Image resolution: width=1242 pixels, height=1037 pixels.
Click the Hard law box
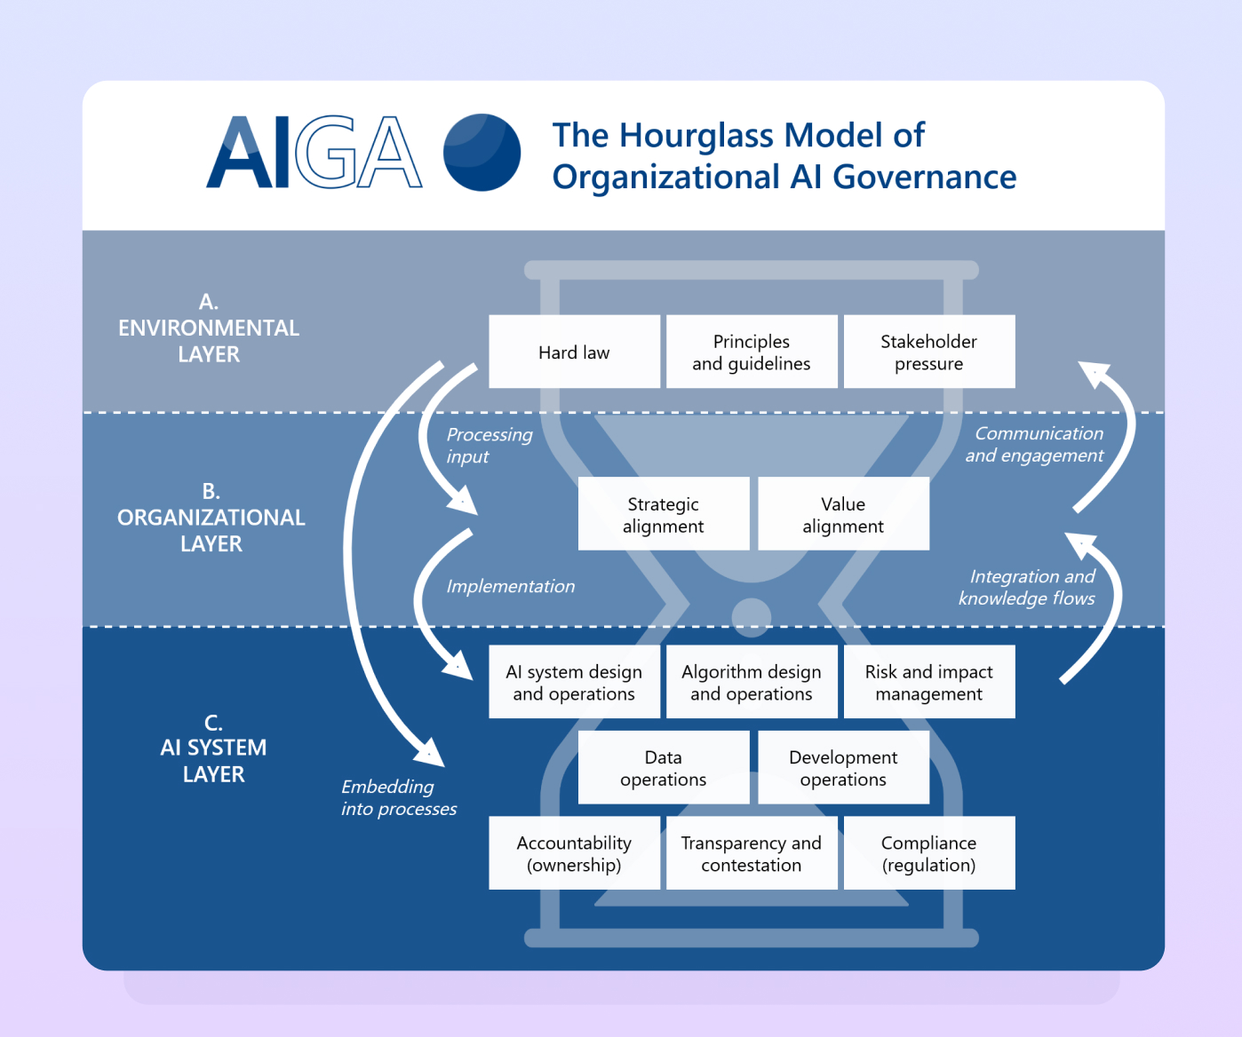click(574, 352)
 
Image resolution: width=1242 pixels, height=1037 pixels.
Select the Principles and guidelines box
click(752, 352)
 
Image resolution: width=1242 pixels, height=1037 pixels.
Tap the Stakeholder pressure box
click(929, 352)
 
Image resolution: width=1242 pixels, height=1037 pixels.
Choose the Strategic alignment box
click(664, 514)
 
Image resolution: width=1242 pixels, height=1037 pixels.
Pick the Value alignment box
click(843, 514)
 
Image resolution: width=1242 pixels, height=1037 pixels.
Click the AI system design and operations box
click(574, 682)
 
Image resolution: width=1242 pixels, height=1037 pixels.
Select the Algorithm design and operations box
click(752, 682)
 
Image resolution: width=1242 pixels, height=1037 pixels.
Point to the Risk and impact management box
click(929, 682)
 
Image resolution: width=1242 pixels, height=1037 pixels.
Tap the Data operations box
click(664, 767)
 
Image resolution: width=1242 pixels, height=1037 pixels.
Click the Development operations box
click(843, 767)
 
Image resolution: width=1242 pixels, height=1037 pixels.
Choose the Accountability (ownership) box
click(574, 852)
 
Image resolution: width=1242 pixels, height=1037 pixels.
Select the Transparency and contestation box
click(752, 852)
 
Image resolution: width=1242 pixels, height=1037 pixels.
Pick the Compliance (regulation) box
click(929, 852)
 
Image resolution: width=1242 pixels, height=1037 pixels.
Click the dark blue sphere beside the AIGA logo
click(482, 152)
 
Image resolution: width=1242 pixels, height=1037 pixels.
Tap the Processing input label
click(490, 446)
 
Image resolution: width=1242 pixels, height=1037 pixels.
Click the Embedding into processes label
click(399, 797)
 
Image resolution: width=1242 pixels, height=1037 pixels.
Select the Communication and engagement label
click(1034, 444)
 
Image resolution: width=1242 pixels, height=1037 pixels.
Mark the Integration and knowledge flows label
click(1027, 587)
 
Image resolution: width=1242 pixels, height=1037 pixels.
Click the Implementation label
click(510, 586)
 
